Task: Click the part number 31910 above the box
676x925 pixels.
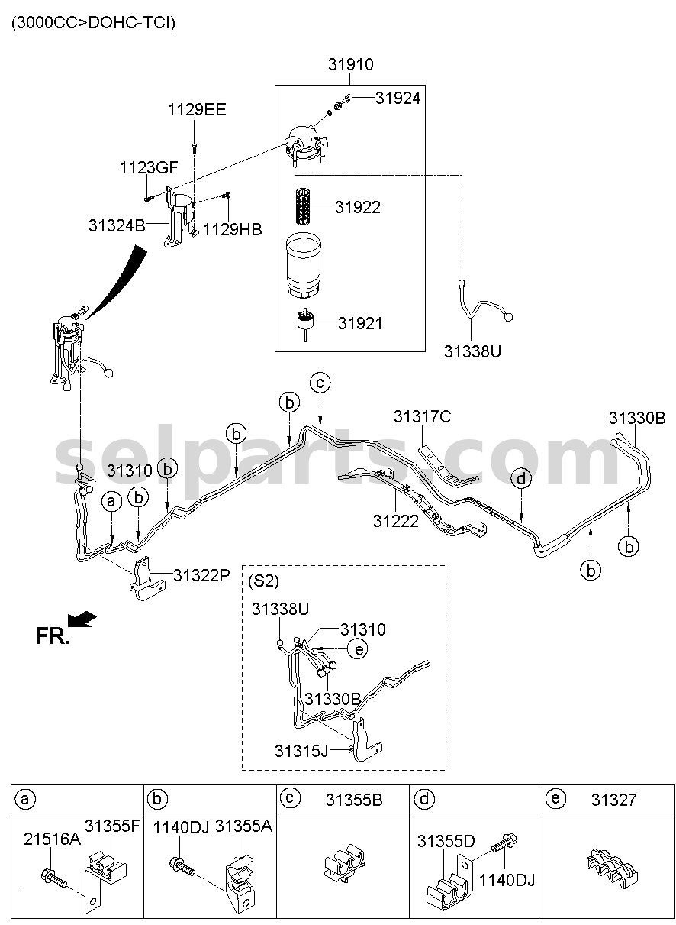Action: tap(350, 64)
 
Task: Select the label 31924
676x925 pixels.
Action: tap(398, 99)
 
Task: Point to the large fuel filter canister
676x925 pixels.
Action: tap(304, 265)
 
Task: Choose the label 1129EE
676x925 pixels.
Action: tap(197, 110)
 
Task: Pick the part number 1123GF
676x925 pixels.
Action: tap(149, 167)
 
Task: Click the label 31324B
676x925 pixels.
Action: tap(117, 225)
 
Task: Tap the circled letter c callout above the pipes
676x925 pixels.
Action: tap(320, 383)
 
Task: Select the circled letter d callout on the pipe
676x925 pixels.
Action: tap(521, 479)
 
